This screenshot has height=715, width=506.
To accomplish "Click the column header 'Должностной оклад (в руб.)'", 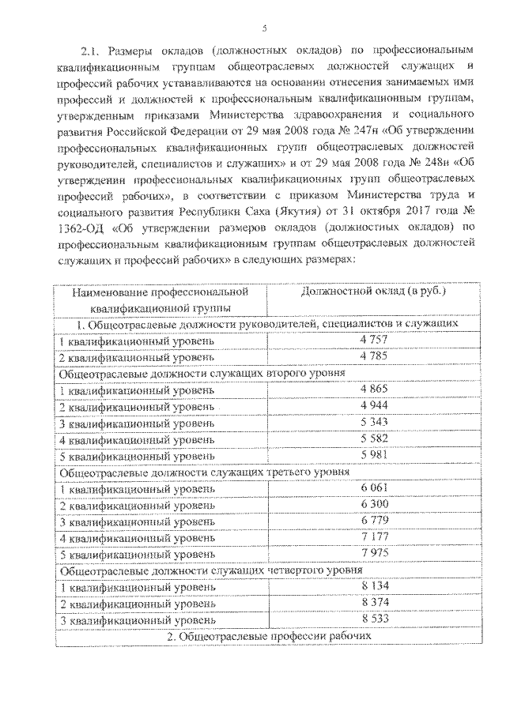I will click(374, 292).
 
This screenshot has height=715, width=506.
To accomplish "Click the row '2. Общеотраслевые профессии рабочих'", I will click(269, 637).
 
